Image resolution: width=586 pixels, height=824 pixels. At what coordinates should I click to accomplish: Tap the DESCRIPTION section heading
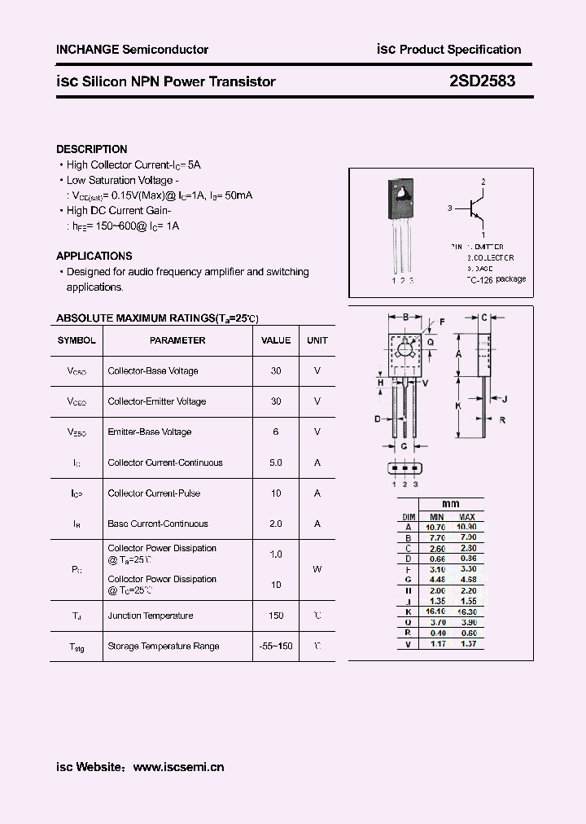click(91, 149)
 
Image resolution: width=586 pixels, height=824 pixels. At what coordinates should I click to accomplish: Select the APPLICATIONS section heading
click(94, 256)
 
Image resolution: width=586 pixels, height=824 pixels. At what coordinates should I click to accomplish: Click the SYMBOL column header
click(77, 340)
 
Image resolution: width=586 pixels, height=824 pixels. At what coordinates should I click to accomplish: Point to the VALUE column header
click(276, 340)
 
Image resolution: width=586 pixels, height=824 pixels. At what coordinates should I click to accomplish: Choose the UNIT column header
click(317, 340)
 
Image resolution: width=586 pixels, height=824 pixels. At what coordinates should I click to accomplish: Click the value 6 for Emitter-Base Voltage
click(276, 432)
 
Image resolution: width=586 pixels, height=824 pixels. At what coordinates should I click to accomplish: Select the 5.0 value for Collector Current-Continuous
click(276, 462)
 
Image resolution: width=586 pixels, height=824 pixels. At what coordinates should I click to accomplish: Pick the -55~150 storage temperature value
click(276, 646)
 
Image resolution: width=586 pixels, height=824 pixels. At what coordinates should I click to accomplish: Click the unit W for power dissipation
click(317, 569)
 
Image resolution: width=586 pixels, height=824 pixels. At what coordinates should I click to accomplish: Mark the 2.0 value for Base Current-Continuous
click(276, 524)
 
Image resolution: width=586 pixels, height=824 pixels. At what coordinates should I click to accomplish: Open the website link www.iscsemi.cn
click(177, 766)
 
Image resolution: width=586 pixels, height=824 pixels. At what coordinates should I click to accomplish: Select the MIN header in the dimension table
click(436, 517)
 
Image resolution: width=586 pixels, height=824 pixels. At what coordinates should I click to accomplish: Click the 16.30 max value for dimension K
click(467, 611)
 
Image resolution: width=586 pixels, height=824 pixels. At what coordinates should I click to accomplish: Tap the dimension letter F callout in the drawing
click(442, 322)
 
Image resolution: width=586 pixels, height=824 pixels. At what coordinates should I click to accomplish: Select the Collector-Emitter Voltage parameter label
click(156, 401)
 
